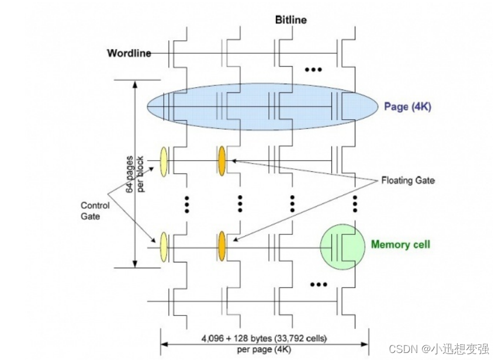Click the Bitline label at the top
point(290,20)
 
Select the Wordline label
point(129,54)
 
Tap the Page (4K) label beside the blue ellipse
point(407,107)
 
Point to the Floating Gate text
point(407,181)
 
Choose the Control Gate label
point(95,211)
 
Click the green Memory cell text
point(400,244)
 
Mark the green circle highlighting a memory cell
point(341,246)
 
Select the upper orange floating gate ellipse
point(222,159)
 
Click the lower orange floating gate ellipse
point(222,245)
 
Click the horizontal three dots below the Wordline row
point(314,70)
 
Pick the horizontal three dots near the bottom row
point(319,285)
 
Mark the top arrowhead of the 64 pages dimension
point(136,84)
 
